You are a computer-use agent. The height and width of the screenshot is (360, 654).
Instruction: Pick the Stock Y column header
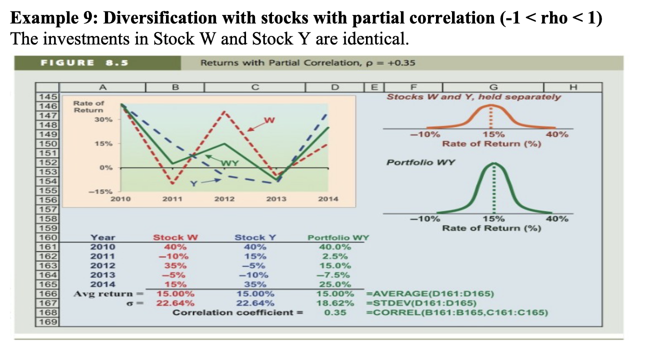255,238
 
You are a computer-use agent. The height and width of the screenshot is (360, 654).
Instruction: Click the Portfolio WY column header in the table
338,238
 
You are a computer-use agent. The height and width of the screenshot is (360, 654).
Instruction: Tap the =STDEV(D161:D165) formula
421,303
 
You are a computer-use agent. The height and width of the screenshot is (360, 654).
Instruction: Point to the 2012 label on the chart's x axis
224,198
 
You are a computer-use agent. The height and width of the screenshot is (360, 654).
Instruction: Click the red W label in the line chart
269,120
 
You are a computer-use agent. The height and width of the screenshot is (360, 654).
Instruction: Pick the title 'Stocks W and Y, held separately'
473,97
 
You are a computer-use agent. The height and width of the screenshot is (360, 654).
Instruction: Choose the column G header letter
495,88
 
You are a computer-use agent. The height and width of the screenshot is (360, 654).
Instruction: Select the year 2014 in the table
102,284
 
